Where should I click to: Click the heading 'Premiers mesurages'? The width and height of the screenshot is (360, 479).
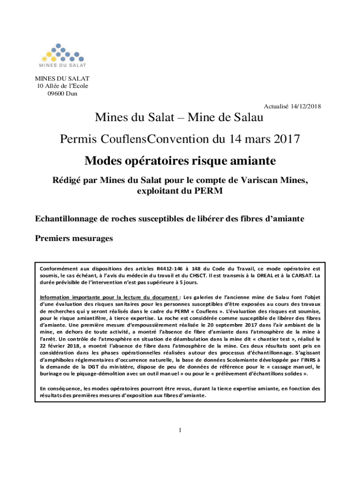coord(74,239)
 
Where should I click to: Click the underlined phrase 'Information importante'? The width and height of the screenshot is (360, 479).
coord(68,297)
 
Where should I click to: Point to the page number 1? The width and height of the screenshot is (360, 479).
coord(180,430)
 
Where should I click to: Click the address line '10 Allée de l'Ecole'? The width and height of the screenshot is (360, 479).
coord(59,86)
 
